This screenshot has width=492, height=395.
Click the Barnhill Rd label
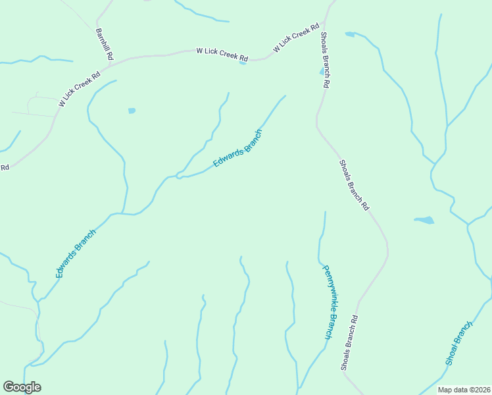[105, 44]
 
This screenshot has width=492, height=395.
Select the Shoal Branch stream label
[459, 343]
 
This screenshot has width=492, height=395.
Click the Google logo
[22, 387]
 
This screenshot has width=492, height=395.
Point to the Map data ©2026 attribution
[464, 390]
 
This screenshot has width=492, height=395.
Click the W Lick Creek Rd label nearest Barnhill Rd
[79, 90]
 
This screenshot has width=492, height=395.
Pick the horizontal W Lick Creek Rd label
[222, 53]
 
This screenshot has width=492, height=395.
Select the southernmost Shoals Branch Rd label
[349, 342]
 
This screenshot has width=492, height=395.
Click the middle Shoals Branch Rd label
[354, 185]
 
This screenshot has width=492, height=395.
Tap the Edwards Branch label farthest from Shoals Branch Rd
[76, 253]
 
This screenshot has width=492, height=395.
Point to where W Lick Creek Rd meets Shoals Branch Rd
[323, 28]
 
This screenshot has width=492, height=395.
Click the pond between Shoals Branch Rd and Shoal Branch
[424, 220]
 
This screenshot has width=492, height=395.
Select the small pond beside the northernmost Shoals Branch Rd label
[322, 71]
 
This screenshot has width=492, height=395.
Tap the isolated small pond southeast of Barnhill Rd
[132, 111]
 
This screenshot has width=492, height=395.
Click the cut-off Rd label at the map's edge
[4, 167]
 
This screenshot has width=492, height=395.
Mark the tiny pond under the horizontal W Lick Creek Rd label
[243, 63]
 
